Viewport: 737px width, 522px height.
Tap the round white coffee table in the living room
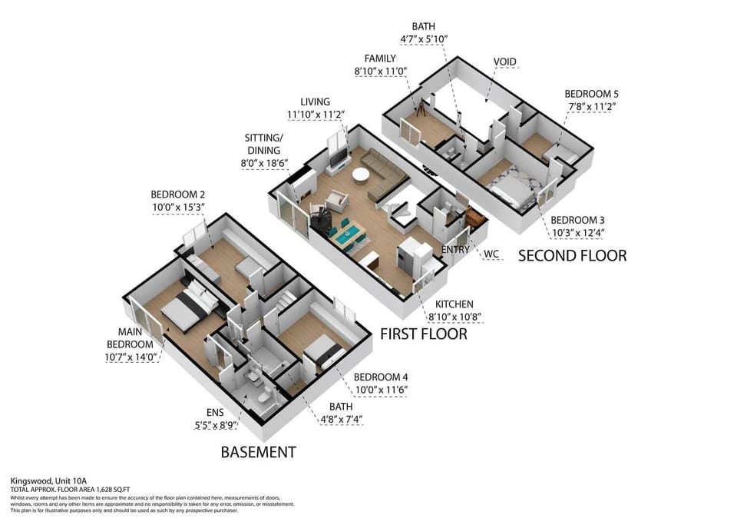(361, 175)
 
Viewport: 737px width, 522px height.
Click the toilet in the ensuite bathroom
(262, 397)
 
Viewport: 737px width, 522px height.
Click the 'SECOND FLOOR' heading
(572, 255)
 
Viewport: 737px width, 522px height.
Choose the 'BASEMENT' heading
(258, 452)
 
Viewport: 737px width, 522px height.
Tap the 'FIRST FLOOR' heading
(424, 334)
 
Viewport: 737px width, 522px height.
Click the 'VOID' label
(504, 62)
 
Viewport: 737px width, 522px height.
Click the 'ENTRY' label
(456, 250)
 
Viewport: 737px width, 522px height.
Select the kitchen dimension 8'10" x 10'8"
(455, 316)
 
